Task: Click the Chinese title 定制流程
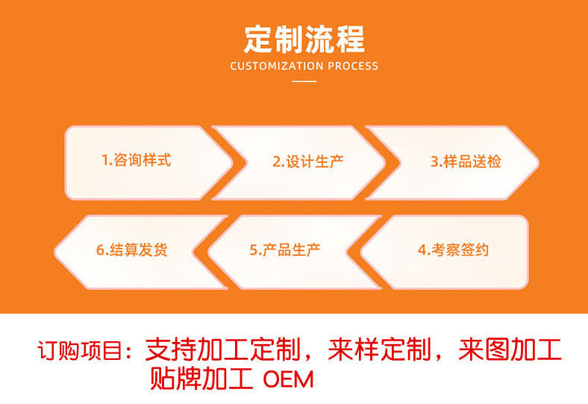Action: tap(304, 38)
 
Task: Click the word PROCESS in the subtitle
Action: tap(352, 66)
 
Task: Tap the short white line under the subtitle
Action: tap(304, 81)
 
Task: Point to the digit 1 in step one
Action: tap(104, 161)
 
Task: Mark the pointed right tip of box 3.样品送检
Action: tap(537, 162)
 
